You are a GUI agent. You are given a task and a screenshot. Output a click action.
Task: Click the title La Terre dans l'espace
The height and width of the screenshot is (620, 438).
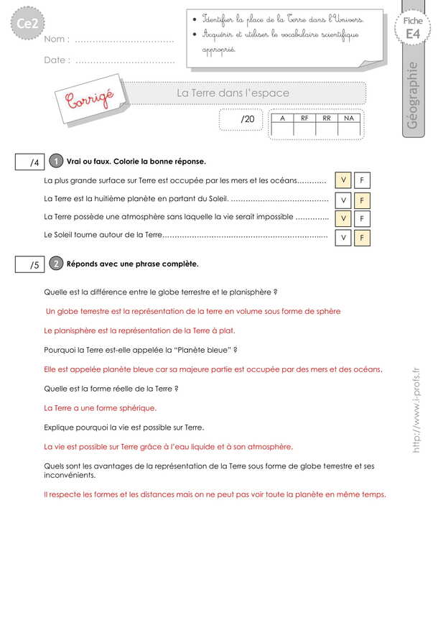click(x=233, y=93)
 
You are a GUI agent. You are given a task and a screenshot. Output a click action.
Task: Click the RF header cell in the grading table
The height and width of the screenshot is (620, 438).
click(x=304, y=117)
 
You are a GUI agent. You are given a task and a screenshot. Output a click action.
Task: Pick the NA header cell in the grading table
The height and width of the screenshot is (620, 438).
click(x=349, y=117)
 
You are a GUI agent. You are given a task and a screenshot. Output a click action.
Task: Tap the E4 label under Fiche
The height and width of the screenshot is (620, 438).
click(x=413, y=34)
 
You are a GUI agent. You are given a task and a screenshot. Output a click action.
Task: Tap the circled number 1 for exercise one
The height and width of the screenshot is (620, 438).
click(x=57, y=162)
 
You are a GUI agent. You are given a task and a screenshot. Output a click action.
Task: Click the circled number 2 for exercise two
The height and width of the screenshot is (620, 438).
click(x=57, y=264)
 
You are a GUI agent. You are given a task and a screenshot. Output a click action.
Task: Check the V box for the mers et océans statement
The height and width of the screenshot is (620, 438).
click(x=344, y=180)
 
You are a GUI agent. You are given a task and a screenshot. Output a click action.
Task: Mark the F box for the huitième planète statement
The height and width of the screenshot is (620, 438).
click(x=362, y=200)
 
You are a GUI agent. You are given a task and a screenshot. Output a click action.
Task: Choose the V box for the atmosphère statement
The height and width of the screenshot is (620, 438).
click(x=344, y=218)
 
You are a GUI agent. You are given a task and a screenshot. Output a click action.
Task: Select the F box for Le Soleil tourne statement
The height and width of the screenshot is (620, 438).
click(x=362, y=236)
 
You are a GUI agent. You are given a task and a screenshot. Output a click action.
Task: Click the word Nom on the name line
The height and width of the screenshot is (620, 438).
click(x=56, y=40)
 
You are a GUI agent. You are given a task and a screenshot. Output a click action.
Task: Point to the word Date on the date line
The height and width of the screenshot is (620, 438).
click(x=56, y=60)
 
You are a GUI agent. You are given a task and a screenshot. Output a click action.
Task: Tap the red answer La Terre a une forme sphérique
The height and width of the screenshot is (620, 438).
click(x=100, y=408)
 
